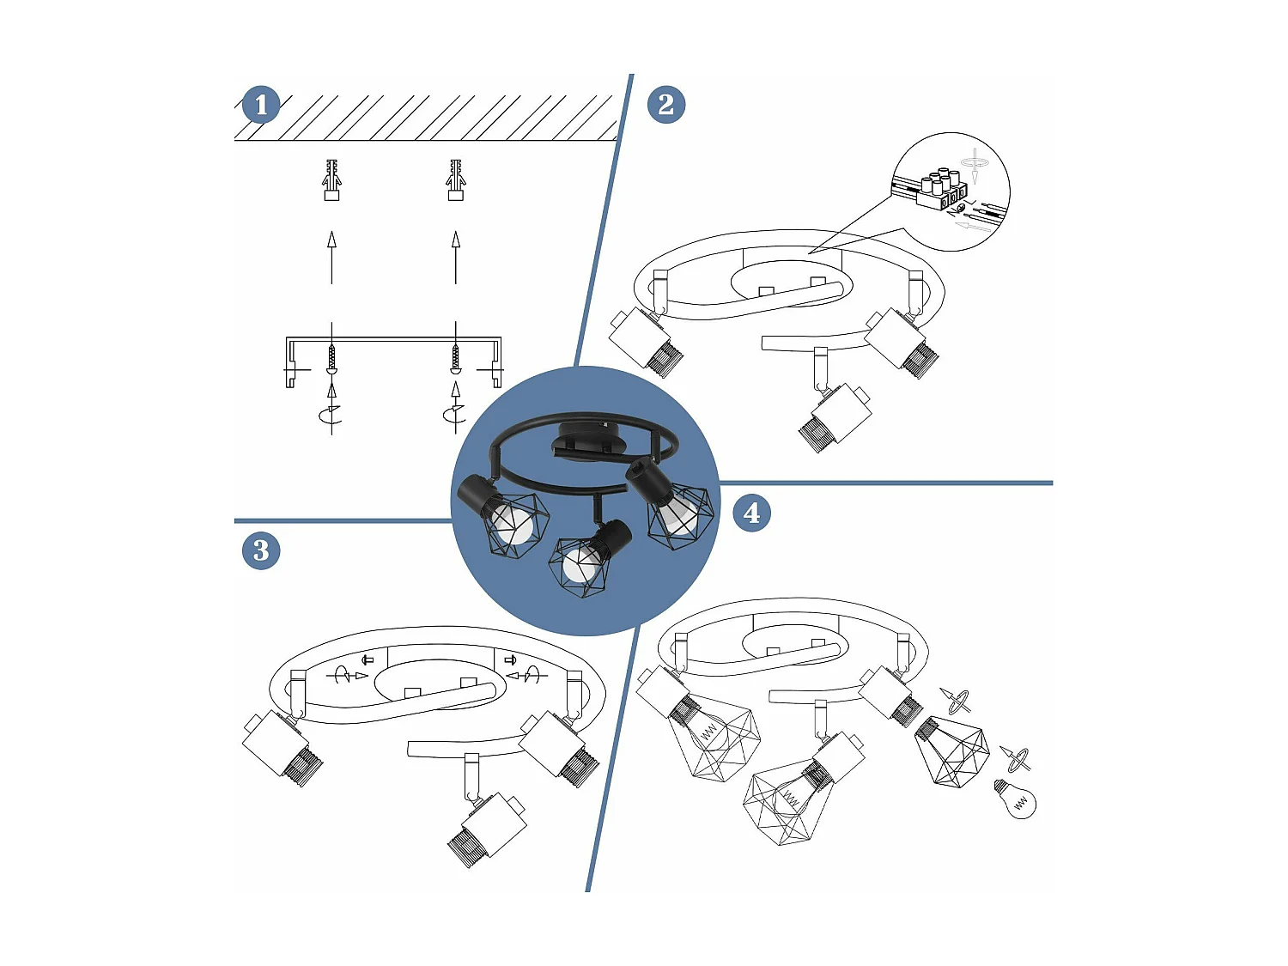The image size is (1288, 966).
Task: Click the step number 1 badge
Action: click(x=261, y=106)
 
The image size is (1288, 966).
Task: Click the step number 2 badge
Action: click(x=665, y=105)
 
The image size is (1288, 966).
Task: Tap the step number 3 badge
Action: click(x=261, y=550)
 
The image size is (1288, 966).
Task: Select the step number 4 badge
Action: click(x=751, y=513)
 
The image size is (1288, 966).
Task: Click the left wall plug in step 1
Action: click(x=331, y=179)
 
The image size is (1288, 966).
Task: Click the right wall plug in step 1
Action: click(x=456, y=179)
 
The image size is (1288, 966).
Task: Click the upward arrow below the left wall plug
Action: click(x=331, y=257)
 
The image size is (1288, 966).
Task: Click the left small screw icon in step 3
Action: click(x=368, y=659)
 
